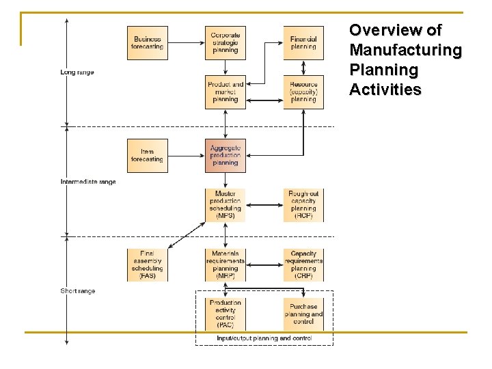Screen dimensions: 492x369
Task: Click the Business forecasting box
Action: point(148,43)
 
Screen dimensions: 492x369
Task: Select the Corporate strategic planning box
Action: point(225,43)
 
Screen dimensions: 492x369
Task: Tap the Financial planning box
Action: point(303,43)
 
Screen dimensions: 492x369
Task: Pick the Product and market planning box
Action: point(225,92)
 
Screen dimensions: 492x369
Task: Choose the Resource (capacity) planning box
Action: point(303,92)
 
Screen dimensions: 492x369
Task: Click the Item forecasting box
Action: point(148,156)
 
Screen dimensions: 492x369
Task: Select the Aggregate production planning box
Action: point(225,156)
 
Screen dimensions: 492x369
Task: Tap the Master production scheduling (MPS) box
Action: point(225,205)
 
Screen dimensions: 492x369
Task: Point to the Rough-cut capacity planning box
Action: point(303,205)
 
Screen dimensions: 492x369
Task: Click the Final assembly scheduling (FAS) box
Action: point(148,264)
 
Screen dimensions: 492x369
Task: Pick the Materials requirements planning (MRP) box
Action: point(225,264)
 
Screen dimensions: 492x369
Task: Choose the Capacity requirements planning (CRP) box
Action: point(303,264)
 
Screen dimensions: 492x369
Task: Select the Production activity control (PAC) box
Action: point(225,314)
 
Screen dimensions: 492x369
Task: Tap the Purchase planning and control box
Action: point(303,314)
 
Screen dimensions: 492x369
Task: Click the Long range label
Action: point(77,72)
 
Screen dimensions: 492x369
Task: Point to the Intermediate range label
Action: point(88,182)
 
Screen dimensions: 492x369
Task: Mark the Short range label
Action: point(78,291)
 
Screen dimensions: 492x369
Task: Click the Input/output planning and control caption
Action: point(264,338)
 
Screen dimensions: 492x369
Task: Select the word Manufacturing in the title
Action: point(405,51)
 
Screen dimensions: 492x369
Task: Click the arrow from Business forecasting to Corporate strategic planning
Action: point(187,43)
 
